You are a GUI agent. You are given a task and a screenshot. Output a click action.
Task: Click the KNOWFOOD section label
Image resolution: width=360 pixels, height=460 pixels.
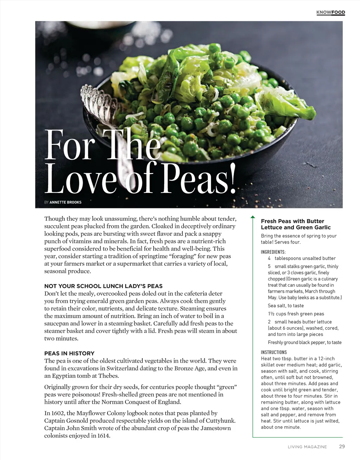[330, 13]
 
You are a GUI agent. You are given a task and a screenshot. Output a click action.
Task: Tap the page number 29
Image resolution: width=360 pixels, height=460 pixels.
[342, 447]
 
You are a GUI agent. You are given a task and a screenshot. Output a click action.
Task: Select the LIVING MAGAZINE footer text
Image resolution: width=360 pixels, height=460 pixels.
[307, 447]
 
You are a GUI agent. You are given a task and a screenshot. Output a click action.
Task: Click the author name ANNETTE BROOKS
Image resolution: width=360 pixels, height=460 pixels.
[65, 202]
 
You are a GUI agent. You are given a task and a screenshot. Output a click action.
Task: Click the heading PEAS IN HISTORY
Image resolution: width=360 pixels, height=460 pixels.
[69, 353]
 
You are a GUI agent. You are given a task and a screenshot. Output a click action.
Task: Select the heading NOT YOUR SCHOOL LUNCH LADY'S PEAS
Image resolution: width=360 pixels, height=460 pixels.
[103, 286]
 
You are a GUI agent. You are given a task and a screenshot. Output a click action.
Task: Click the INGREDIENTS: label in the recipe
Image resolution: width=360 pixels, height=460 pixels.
[273, 252]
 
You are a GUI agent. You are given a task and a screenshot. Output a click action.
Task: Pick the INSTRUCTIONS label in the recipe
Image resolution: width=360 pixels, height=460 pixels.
[274, 352]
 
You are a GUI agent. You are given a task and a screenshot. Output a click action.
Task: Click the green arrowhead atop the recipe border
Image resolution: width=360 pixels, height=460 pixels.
[252, 218]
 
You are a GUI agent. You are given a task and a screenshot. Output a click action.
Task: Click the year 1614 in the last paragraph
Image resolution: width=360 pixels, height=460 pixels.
[103, 436]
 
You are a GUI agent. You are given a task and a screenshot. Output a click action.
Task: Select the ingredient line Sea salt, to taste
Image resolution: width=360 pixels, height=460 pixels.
[285, 306]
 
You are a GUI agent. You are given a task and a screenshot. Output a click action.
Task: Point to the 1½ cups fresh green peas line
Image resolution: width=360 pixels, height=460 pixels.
[296, 314]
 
